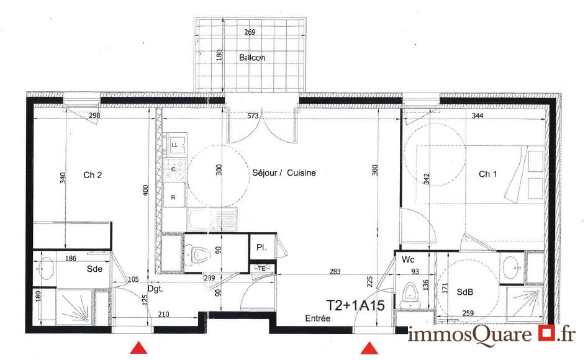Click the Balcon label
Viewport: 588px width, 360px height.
(252, 57)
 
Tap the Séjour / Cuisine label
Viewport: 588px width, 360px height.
(284, 173)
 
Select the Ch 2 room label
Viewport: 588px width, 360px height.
(93, 175)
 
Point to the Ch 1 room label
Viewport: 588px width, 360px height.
(488, 174)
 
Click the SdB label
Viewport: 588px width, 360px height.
(465, 292)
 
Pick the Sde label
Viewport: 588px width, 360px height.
(94, 269)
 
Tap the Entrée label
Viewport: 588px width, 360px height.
(318, 318)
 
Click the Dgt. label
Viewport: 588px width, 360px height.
(155, 289)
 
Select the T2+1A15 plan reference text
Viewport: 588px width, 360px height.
(356, 305)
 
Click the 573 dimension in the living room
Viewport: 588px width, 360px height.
(253, 116)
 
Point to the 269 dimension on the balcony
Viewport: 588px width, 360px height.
(250, 32)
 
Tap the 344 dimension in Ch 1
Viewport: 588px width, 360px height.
(477, 115)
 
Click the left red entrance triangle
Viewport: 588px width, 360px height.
(138, 348)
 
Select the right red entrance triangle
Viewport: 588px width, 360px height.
(369, 348)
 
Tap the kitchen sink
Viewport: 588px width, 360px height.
(212, 219)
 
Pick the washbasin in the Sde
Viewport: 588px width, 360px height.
(47, 269)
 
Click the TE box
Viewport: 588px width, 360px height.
(262, 269)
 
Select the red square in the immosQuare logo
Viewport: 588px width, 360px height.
(546, 333)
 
